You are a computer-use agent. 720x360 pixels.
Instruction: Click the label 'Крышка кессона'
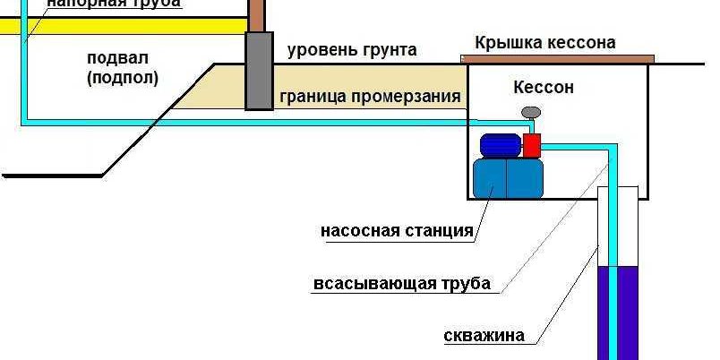pos(544,43)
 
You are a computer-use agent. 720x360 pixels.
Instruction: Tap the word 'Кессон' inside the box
pos(544,88)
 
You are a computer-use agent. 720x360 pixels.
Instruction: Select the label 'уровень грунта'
pos(352,50)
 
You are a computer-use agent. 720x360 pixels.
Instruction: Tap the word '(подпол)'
pos(123,78)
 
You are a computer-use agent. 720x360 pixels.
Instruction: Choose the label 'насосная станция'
pos(397,231)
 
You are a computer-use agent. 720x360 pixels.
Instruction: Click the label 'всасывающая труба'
pos(402,285)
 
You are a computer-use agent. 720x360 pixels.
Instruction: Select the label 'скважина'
pos(484,337)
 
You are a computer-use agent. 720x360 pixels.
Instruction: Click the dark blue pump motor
pos(500,145)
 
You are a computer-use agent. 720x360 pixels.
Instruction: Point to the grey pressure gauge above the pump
pos(531,112)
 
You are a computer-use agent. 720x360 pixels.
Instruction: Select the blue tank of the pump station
pos(508,177)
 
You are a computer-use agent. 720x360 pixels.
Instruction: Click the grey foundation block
pos(259,71)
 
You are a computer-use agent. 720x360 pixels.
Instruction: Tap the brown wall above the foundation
pos(258,14)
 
